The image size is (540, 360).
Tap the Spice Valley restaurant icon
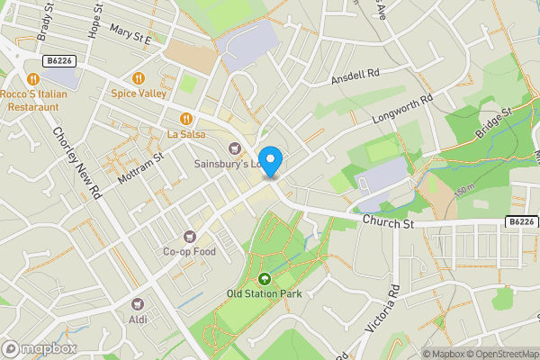[x=139, y=78]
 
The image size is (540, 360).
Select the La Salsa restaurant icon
[x=186, y=119]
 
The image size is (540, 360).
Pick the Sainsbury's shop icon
[x=236, y=148]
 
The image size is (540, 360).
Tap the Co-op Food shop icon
[x=190, y=237]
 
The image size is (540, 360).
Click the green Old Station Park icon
[x=264, y=279]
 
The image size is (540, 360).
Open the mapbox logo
[x=40, y=348]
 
